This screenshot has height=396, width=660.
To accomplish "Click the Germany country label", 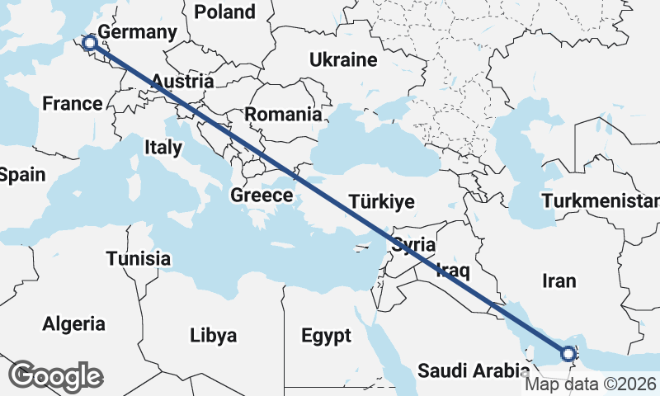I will [x=138, y=32].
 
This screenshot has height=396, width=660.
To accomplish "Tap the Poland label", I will [x=225, y=12].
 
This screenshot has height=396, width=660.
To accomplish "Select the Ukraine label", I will [x=343, y=60].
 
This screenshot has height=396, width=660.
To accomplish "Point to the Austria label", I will [x=183, y=82].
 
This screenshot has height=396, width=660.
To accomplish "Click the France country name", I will [x=73, y=104].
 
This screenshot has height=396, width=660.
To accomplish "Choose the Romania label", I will [x=283, y=115].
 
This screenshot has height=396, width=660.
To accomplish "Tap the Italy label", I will [x=163, y=148].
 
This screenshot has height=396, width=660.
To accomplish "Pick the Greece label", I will [x=262, y=196].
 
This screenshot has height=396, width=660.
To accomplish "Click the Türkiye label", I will [x=381, y=202].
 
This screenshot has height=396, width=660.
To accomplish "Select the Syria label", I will [x=413, y=244].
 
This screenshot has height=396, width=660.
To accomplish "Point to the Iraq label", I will [x=452, y=269].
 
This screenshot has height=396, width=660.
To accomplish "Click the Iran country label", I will [x=559, y=280].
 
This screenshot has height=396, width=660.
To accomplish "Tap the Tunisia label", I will [x=139, y=259].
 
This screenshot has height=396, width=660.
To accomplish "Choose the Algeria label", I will [x=74, y=323].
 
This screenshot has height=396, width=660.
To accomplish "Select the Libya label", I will [x=213, y=336].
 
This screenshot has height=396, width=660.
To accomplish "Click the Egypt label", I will [x=326, y=336].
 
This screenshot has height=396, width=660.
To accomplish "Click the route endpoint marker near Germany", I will [x=90, y=43].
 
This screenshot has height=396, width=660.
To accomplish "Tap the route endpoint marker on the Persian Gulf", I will [x=568, y=354].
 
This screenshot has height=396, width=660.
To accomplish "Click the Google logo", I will [x=55, y=376].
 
